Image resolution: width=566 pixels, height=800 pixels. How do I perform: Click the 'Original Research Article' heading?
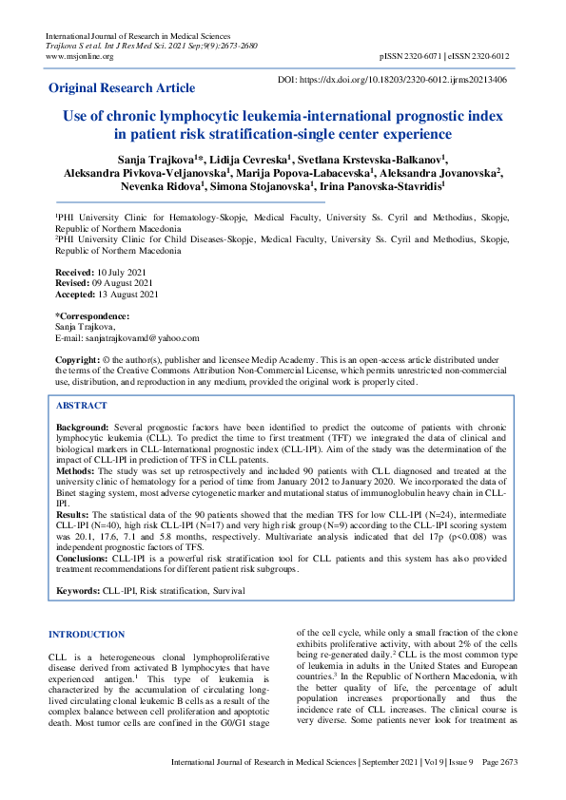[x=122, y=87]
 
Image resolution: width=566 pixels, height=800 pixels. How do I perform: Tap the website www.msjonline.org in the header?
[x=80, y=56]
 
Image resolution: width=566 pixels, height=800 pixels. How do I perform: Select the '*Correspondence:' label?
[x=92, y=315]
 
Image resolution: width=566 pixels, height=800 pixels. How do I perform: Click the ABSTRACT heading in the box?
[x=82, y=405]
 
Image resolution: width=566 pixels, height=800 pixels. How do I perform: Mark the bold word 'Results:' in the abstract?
[x=74, y=514]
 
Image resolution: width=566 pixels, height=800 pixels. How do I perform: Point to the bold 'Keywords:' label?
[x=79, y=591]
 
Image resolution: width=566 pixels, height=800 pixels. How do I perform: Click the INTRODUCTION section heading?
[x=87, y=634]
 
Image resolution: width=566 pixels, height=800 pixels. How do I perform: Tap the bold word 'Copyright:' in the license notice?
[x=80, y=361]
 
